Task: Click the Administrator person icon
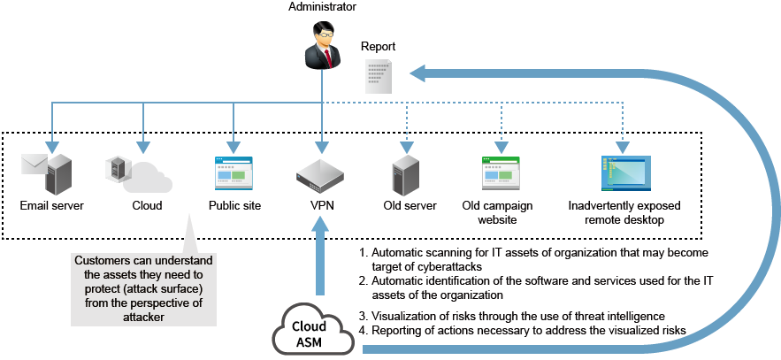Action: pos(321,48)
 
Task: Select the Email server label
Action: pos(52,206)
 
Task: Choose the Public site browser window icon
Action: pos(234,174)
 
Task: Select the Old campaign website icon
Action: pos(502,174)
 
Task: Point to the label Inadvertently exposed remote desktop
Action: pos(616,212)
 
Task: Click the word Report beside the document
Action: pos(379,46)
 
